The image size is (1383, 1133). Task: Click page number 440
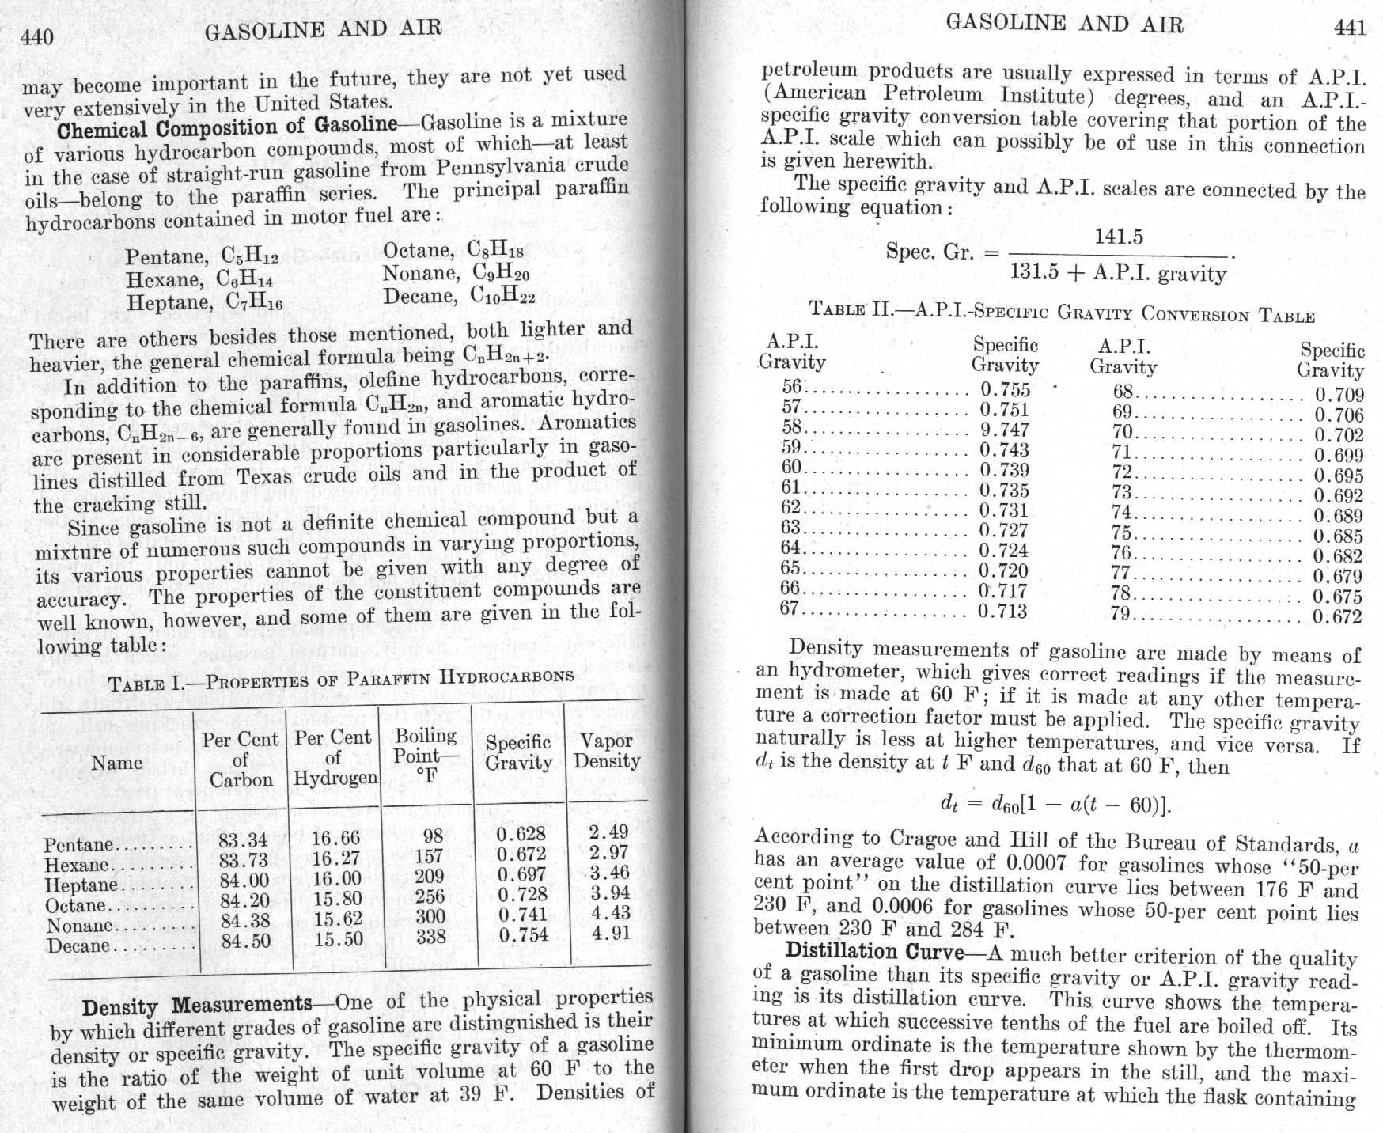pyautogui.click(x=37, y=36)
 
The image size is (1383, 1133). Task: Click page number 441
pyautogui.click(x=1350, y=28)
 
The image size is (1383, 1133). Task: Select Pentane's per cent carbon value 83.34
pyautogui.click(x=243, y=839)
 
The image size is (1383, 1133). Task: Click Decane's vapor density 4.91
pyautogui.click(x=610, y=933)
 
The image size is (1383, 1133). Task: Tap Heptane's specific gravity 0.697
pyautogui.click(x=521, y=874)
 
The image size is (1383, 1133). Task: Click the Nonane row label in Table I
pyautogui.click(x=80, y=926)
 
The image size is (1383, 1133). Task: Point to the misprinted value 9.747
pyautogui.click(x=1004, y=430)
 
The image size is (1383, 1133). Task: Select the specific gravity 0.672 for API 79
pyautogui.click(x=1338, y=617)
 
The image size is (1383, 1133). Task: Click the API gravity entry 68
pyautogui.click(x=1123, y=391)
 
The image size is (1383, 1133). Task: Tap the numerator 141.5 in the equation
pyautogui.click(x=1118, y=237)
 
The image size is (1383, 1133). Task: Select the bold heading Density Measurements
pyautogui.click(x=197, y=1006)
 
